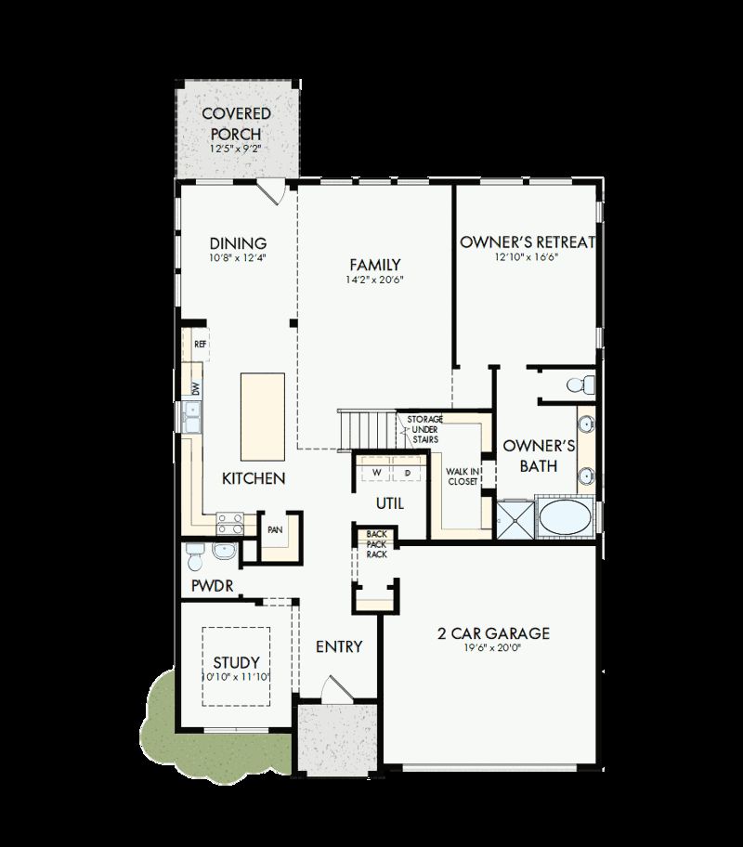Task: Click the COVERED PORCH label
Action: [x=237, y=123]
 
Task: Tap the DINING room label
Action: [x=238, y=243]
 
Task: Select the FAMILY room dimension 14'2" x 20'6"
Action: [x=375, y=280]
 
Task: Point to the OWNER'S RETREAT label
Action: [x=528, y=242]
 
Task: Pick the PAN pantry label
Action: [x=275, y=529]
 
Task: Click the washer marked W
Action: [x=377, y=473]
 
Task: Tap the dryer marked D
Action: [x=407, y=473]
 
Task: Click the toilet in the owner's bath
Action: [x=580, y=383]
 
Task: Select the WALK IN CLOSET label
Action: [x=463, y=476]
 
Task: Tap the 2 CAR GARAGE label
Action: [x=494, y=634]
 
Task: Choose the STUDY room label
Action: [x=236, y=662]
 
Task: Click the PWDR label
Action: [x=212, y=586]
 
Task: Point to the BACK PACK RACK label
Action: [x=376, y=543]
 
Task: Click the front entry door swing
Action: [x=332, y=690]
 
